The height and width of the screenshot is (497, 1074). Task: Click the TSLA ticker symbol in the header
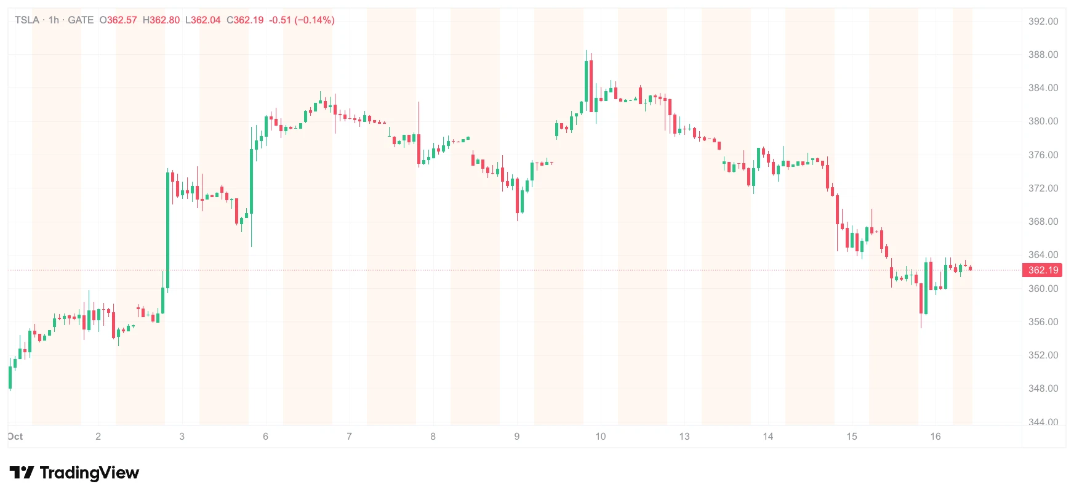pyautogui.click(x=27, y=20)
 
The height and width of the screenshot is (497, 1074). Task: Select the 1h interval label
pyautogui.click(x=54, y=20)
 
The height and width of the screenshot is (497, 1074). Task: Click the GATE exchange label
pyautogui.click(x=81, y=20)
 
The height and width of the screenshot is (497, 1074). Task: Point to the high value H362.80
pyautogui.click(x=161, y=20)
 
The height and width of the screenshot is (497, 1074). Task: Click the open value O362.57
pyautogui.click(x=118, y=20)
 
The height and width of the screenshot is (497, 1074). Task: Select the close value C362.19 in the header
pyautogui.click(x=245, y=20)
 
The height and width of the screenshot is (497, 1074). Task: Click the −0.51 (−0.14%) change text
pyautogui.click(x=302, y=20)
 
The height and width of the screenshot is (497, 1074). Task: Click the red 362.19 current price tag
pyautogui.click(x=1043, y=270)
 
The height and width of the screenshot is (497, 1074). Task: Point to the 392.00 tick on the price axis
pyautogui.click(x=1043, y=22)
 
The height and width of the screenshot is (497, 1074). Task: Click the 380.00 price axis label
pyautogui.click(x=1043, y=121)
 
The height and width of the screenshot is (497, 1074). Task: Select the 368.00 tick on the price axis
pyautogui.click(x=1043, y=222)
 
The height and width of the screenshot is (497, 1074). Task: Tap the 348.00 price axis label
pyautogui.click(x=1043, y=389)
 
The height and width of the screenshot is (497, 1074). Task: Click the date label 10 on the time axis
pyautogui.click(x=601, y=437)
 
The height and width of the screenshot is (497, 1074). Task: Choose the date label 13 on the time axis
pyautogui.click(x=684, y=437)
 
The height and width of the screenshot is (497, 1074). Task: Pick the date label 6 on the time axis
pyautogui.click(x=266, y=437)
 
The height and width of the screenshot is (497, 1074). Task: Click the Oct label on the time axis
pyautogui.click(x=15, y=437)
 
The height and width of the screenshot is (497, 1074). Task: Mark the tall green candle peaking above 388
pyautogui.click(x=586, y=76)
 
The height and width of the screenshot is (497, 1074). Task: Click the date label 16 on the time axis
pyautogui.click(x=936, y=437)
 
